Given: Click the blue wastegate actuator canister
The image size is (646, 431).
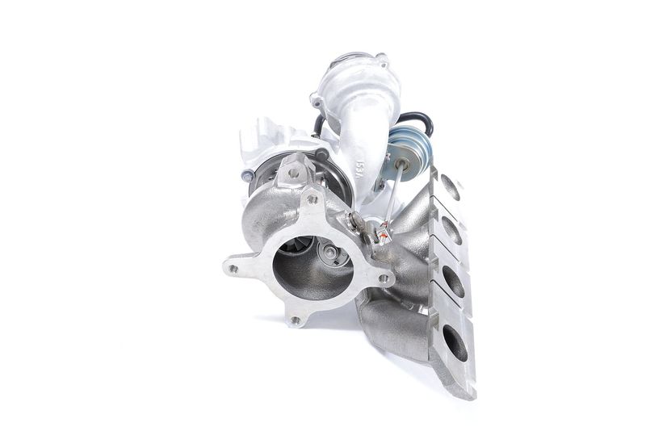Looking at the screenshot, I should tap(401, 146).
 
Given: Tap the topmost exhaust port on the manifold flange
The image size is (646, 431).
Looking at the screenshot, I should tap(450, 188).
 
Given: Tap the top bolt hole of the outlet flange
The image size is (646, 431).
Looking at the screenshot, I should tap(311, 199).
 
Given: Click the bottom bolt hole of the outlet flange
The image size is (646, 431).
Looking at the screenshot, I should tap(295, 320).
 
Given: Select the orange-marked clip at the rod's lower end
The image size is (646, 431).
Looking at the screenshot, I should tap(383, 233).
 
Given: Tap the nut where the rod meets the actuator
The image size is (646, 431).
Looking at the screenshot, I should tap(399, 165).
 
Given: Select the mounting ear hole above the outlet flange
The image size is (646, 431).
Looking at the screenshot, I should tap(292, 172).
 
